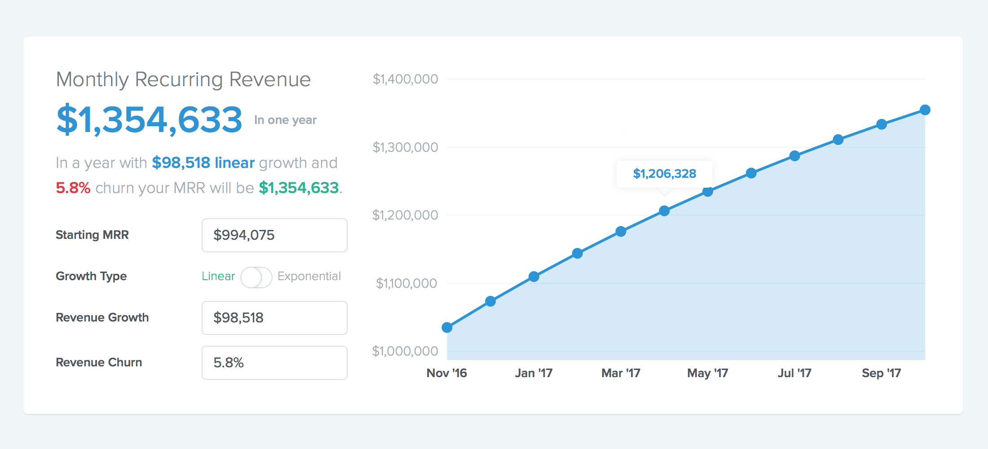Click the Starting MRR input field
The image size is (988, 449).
[x=274, y=235]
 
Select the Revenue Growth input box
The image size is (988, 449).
[x=274, y=318]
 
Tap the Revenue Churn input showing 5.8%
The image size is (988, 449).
[x=274, y=363]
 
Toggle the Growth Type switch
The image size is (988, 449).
[x=256, y=277]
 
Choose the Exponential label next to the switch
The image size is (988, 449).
[x=309, y=276]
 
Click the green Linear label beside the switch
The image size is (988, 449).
[x=218, y=276]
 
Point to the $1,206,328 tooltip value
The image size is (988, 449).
[x=664, y=174]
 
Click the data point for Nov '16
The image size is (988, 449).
[x=447, y=327]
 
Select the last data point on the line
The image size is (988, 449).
[x=925, y=110]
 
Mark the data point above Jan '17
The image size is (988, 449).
[x=534, y=277]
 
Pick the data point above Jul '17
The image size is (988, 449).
[x=794, y=156]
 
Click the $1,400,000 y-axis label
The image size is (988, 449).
[x=405, y=79]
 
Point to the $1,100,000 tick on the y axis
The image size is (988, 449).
[x=406, y=283]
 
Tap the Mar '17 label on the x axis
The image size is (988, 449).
[x=621, y=373]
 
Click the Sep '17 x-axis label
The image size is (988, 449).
[x=881, y=373]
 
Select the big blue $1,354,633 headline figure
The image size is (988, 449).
[x=150, y=120]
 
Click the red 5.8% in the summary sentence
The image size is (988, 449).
[x=73, y=188]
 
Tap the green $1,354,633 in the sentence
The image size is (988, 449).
[x=299, y=188]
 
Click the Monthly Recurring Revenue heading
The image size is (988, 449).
[x=183, y=79]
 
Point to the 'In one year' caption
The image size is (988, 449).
[x=285, y=120]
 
